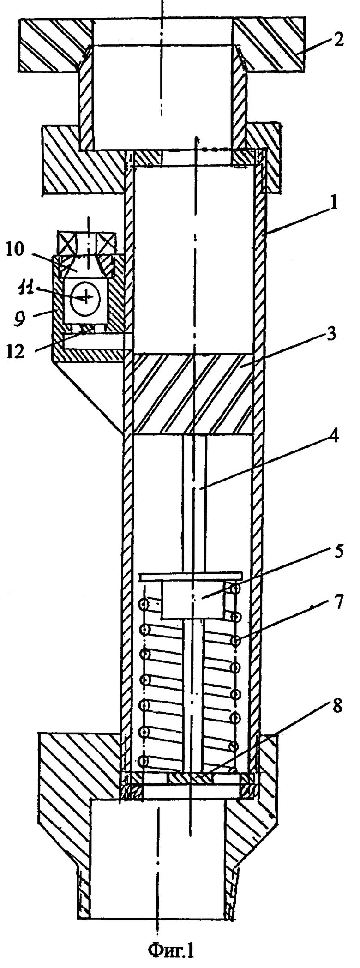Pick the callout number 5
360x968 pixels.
coord(339,553)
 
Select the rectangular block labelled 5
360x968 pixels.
coord(192,601)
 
